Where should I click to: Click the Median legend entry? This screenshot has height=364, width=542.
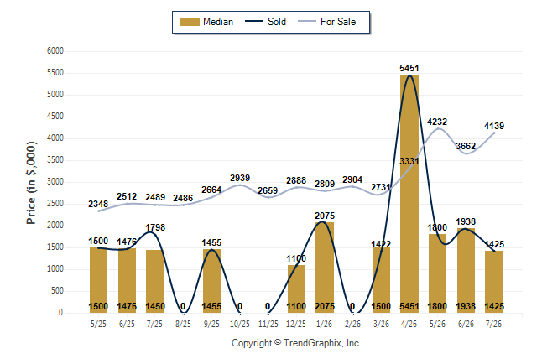tap(206, 22)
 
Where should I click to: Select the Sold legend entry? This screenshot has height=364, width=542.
tap(265, 22)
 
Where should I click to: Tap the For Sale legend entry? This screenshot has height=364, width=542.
tap(326, 22)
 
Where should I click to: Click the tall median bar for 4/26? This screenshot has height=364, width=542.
tap(409, 194)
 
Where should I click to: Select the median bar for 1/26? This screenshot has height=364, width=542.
tap(325, 268)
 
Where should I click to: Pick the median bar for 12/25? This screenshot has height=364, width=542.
tap(296, 289)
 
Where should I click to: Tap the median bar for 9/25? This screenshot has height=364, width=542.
tap(211, 281)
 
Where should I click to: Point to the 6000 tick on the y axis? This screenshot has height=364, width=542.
tap(55, 51)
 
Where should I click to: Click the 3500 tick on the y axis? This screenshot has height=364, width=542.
tap(55, 160)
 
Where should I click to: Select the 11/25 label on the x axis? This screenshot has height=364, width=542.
tap(268, 324)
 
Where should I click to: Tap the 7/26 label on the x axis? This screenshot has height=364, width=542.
tap(493, 324)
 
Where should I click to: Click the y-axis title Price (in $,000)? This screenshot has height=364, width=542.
tap(31, 183)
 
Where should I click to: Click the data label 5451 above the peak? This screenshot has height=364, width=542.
tap(409, 68)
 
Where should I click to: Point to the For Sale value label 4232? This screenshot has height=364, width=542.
tap(437, 122)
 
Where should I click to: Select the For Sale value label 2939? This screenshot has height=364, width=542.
tap(240, 178)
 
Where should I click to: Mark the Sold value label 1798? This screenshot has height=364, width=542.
tap(155, 227)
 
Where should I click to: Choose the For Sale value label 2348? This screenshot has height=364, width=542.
tap(98, 204)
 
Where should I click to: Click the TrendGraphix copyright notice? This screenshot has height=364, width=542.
tap(296, 343)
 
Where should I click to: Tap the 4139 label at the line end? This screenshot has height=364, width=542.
tap(494, 126)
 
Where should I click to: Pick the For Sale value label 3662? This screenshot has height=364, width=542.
tap(466, 146)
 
